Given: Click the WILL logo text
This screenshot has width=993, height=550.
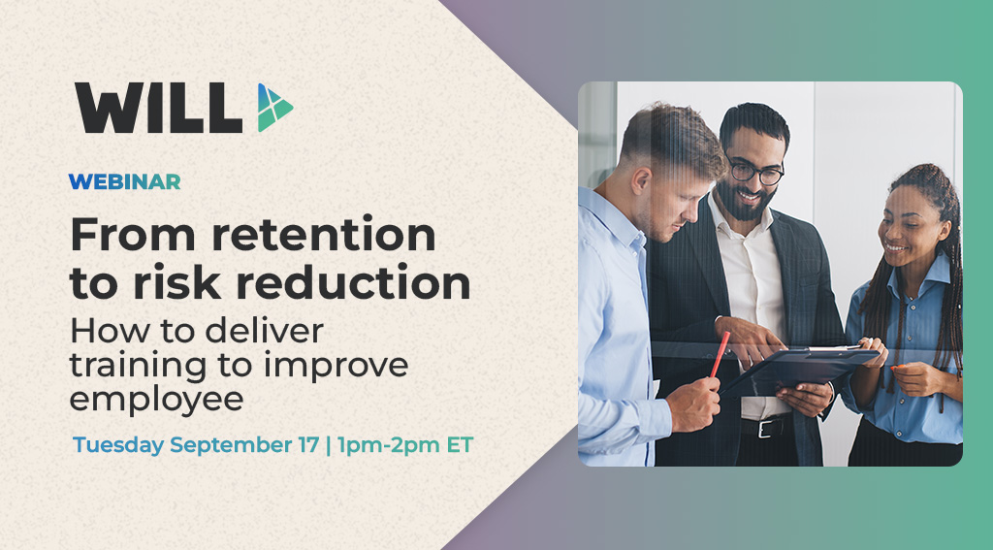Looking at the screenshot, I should point(158,108).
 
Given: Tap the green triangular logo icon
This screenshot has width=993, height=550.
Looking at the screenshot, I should point(273,108).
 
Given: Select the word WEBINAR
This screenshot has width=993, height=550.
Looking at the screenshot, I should point(124,181).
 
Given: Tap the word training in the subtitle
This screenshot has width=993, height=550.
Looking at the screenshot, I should point(131,366).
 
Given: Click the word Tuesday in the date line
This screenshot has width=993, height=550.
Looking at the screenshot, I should point(118,447).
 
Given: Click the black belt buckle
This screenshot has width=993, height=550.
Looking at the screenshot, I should point(774,428).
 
